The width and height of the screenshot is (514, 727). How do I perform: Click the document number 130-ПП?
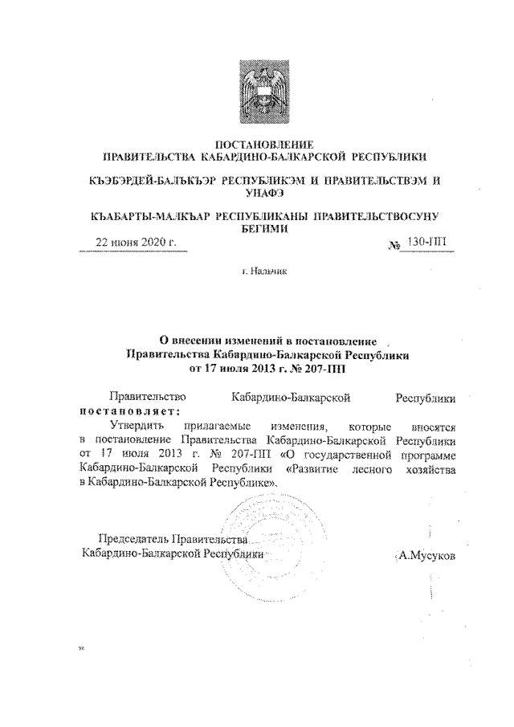pyautogui.click(x=425, y=242)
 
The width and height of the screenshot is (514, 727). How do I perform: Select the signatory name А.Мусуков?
pyautogui.click(x=426, y=554)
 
